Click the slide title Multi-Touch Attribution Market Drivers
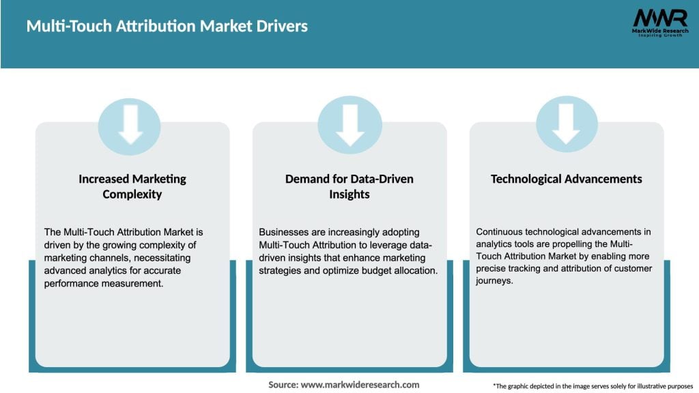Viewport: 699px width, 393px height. pyautogui.click(x=167, y=27)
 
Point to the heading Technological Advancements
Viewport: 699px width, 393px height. pyautogui.click(x=567, y=179)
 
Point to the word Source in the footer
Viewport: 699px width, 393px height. pyautogui.click(x=283, y=385)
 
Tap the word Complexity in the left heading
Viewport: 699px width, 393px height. pyautogui.click(x=132, y=194)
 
